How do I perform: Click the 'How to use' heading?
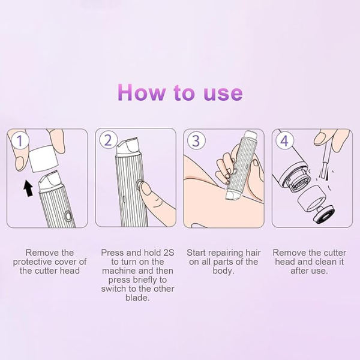tap(180, 92)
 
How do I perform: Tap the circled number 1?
tap(20, 141)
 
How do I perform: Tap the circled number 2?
tap(108, 141)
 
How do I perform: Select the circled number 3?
tap(196, 141)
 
